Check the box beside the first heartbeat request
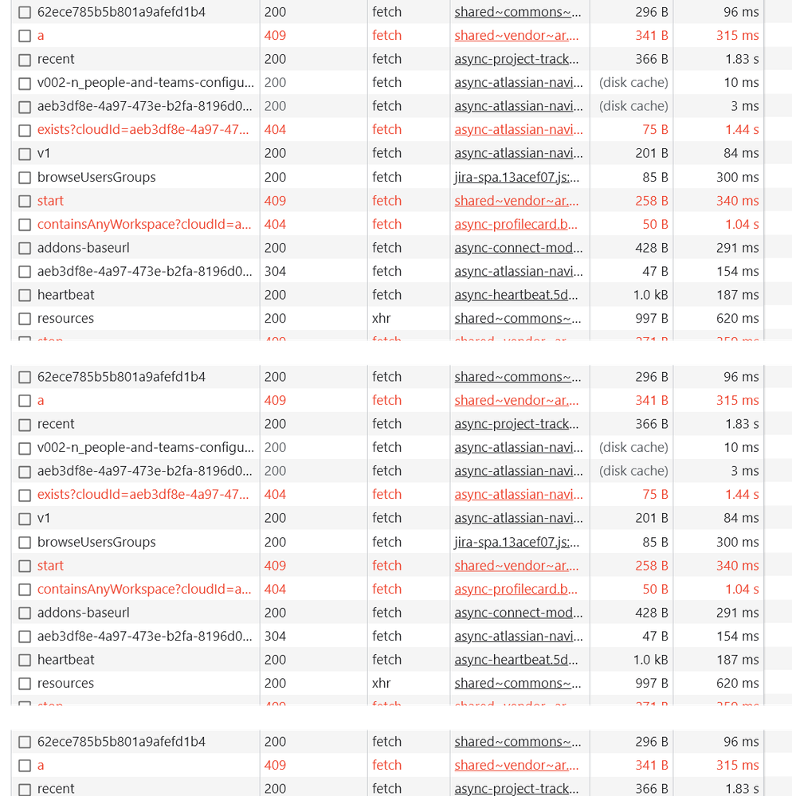25,295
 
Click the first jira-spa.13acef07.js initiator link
516,177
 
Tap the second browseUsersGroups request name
96,542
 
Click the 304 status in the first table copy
275,271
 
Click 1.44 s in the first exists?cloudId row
742,129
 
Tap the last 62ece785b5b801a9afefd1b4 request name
121,741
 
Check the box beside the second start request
25,566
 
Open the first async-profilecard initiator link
516,224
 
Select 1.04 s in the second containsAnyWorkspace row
742,589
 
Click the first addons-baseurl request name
83,248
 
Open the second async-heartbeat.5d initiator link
516,660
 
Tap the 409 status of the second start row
275,566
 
